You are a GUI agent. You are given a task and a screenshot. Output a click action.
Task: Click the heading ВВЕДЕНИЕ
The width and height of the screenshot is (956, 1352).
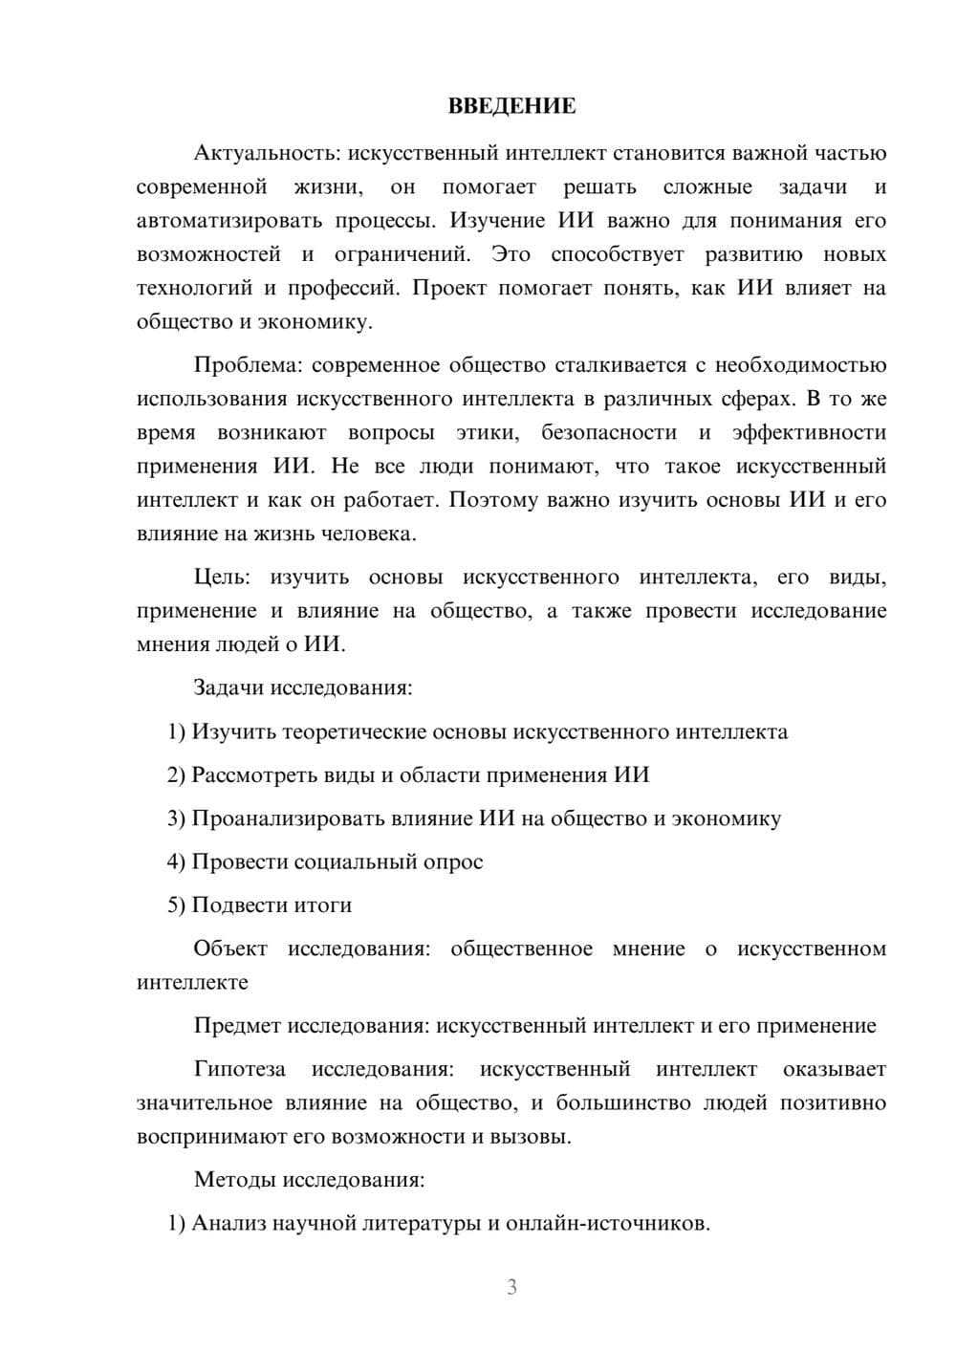(511, 106)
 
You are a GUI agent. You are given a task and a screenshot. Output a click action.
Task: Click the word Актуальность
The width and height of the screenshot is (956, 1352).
(253, 153)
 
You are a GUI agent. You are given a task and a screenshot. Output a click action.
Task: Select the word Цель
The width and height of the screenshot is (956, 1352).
(221, 578)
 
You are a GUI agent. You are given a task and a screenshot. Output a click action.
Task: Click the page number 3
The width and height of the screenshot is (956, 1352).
(511, 1287)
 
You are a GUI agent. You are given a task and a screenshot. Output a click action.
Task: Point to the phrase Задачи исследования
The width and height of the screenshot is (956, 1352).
(302, 687)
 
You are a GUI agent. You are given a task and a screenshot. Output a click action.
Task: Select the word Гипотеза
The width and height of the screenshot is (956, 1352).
(239, 1069)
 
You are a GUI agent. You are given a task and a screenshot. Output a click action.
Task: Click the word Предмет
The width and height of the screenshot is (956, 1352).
(238, 1026)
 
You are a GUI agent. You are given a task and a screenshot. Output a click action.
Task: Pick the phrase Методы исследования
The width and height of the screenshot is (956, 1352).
(308, 1180)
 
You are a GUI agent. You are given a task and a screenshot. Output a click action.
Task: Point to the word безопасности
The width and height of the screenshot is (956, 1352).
(609, 432)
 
